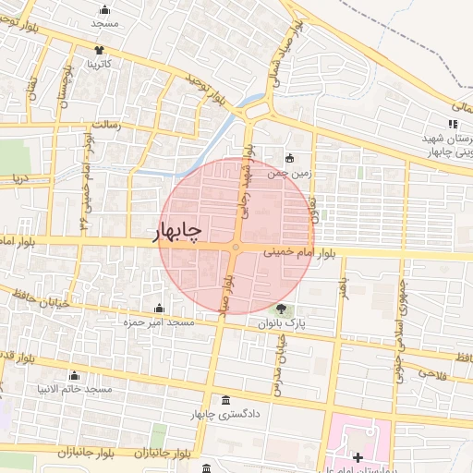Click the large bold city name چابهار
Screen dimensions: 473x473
click(x=176, y=230)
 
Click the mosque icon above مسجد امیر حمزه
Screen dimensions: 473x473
click(x=159, y=308)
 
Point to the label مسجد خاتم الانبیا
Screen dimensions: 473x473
click(x=75, y=389)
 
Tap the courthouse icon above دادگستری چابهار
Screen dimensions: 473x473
click(x=227, y=400)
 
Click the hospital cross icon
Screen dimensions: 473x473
click(x=358, y=457)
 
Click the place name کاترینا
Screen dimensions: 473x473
click(x=100, y=65)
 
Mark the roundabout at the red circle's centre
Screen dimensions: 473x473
click(x=236, y=247)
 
